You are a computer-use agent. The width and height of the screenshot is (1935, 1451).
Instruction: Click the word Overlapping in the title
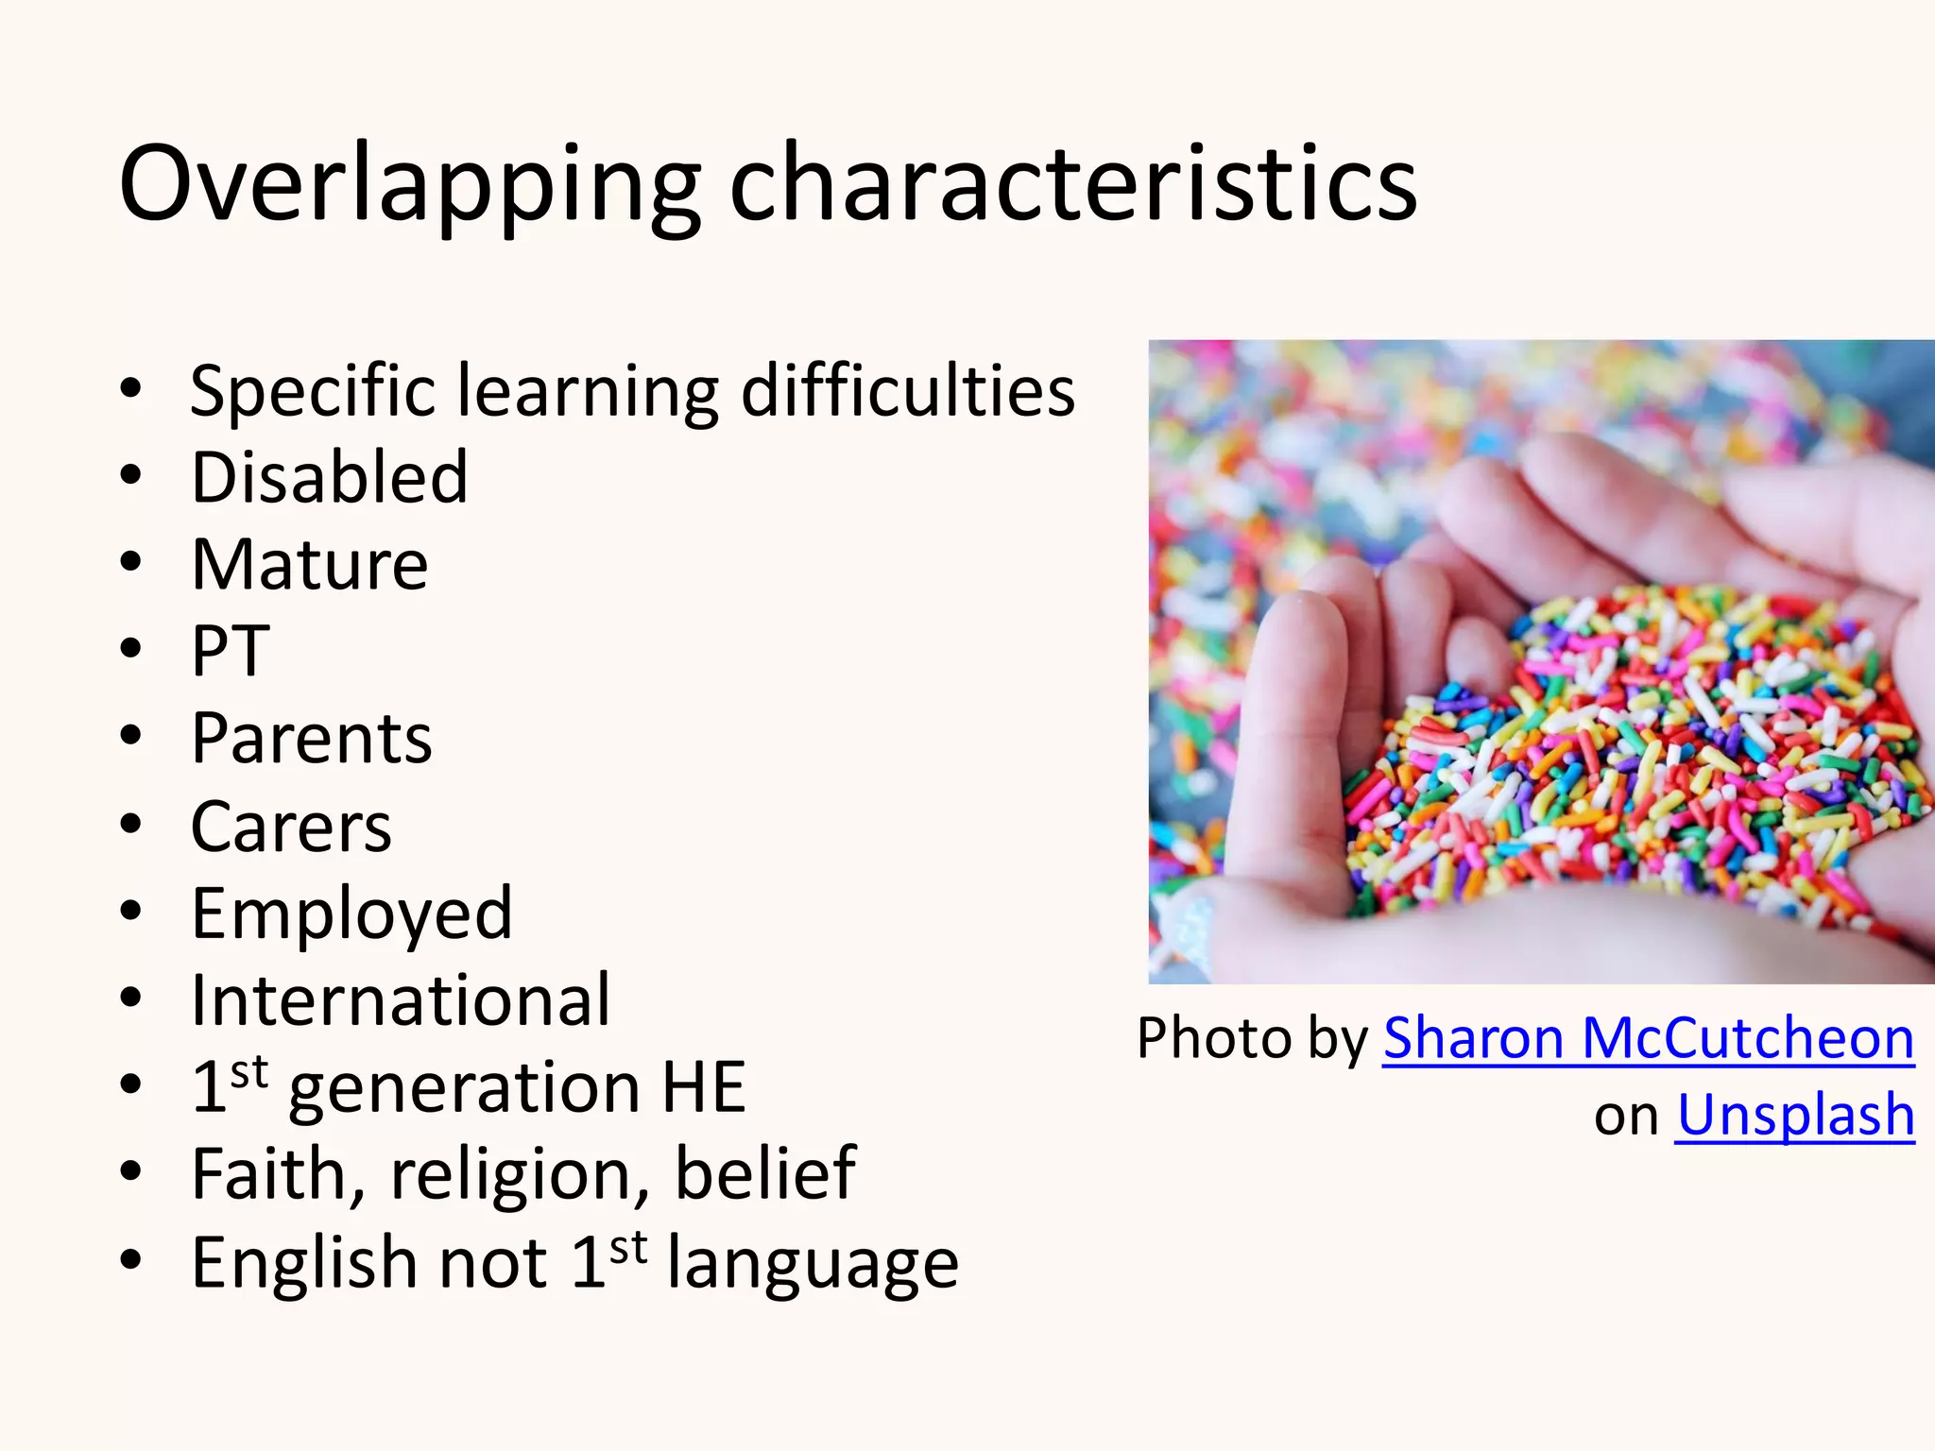408,184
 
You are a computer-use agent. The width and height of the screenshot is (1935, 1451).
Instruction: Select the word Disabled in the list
329,477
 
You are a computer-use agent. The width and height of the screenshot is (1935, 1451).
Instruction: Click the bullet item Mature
309,565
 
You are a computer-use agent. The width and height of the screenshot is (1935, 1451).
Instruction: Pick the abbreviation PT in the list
230,652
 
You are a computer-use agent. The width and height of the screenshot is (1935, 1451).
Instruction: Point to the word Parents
311,739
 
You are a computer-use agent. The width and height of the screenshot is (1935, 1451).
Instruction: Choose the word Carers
290,827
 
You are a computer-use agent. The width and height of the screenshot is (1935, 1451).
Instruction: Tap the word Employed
351,914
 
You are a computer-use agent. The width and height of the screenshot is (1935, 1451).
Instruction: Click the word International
400,1000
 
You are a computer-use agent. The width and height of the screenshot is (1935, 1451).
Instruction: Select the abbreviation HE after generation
703,1087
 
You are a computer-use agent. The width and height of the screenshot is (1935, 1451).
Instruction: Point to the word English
303,1263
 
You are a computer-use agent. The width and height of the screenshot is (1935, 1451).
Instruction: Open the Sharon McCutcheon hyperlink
1648,1039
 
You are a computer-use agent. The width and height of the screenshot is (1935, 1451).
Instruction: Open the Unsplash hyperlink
1794,1116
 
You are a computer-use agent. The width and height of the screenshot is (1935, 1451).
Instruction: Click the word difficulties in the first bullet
907,390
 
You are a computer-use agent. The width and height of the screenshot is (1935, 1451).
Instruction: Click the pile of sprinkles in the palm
1625,756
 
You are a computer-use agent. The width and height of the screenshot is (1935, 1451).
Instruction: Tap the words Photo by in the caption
1252,1039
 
